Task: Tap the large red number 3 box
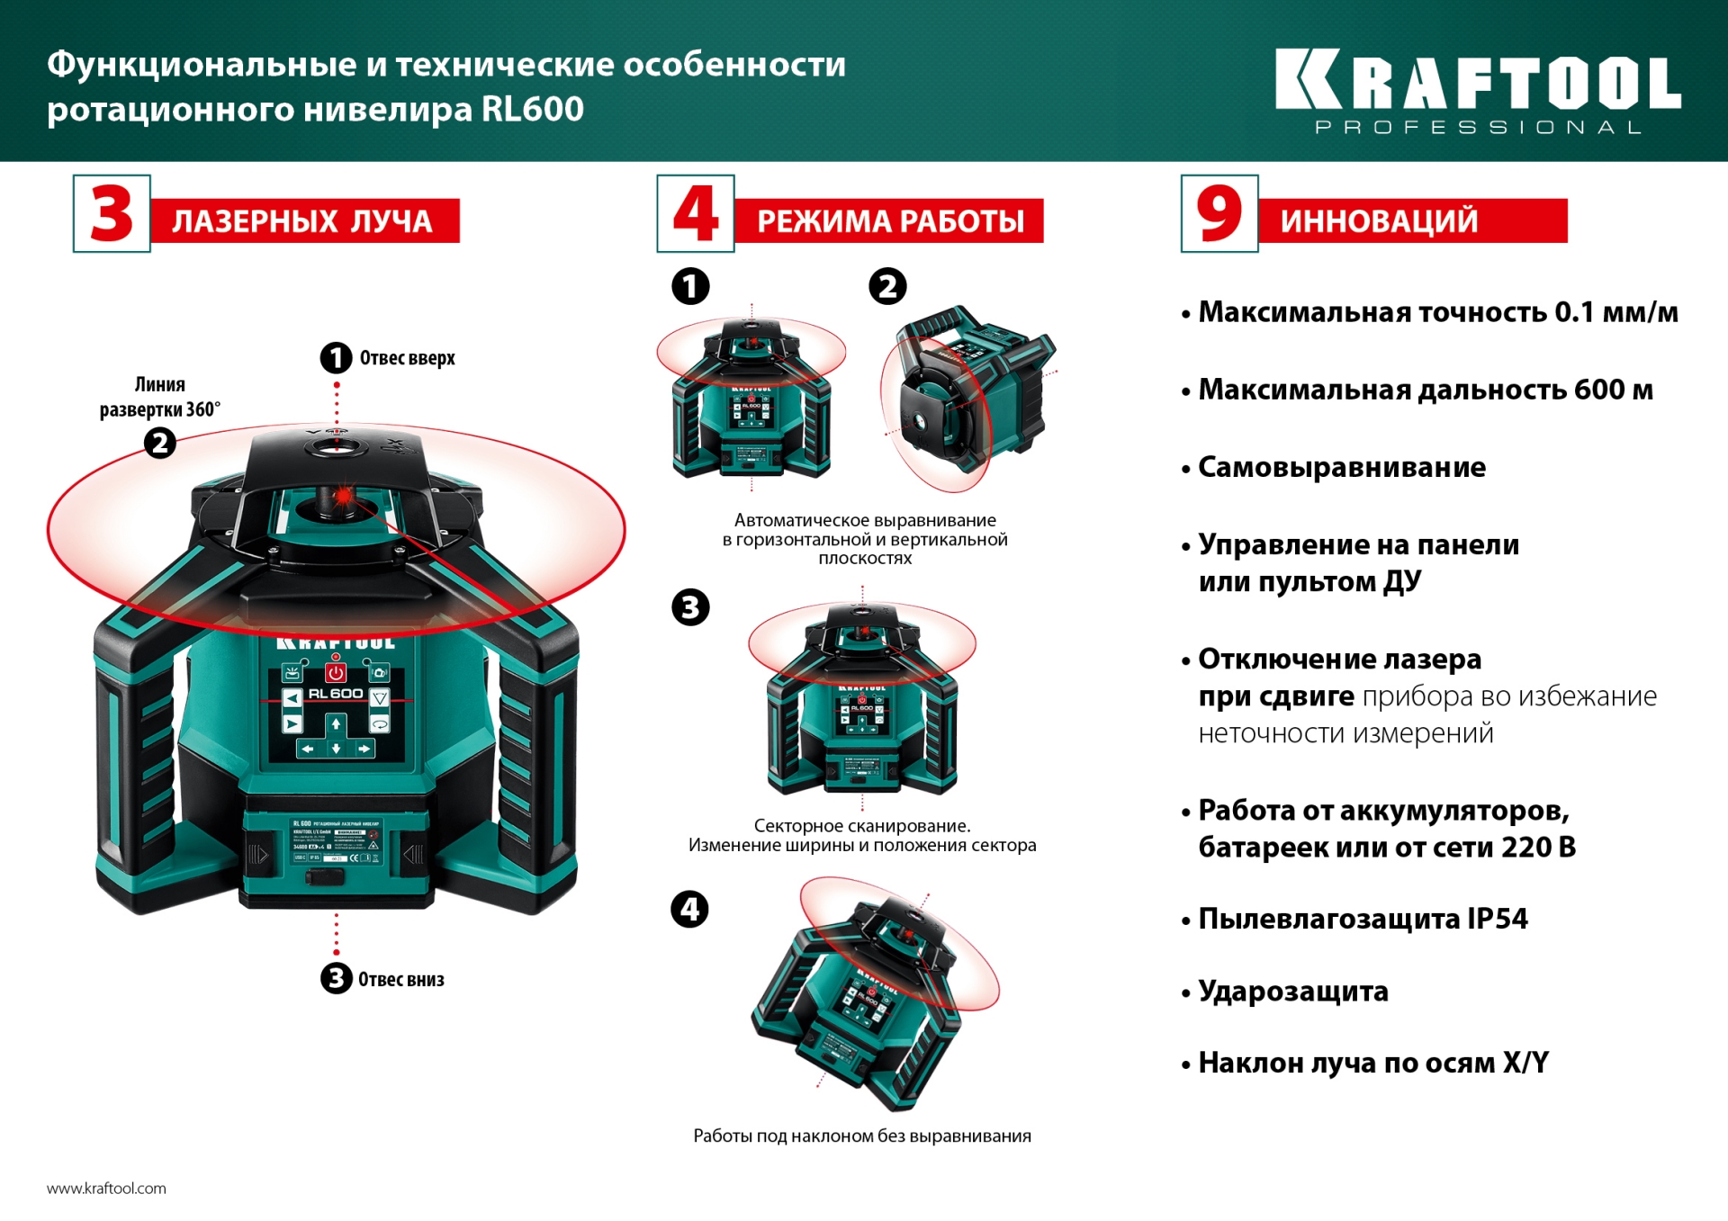click(x=112, y=214)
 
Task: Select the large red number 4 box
click(x=696, y=214)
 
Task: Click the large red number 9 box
click(x=1219, y=214)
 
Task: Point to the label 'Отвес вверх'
click(x=407, y=358)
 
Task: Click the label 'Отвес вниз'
click(x=400, y=979)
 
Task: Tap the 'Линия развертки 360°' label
click(x=160, y=397)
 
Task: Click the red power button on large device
click(x=336, y=673)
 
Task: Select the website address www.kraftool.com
click(x=106, y=1188)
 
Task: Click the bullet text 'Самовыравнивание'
click(x=1341, y=467)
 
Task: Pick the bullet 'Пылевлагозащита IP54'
click(x=1362, y=919)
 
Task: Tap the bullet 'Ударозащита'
click(x=1292, y=991)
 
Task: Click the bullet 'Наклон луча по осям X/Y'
click(x=1372, y=1063)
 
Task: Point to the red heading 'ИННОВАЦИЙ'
click(x=1379, y=221)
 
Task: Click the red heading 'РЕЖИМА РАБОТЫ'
click(x=890, y=221)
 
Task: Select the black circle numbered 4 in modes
click(x=690, y=909)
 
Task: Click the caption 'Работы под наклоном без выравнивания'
click(x=861, y=1136)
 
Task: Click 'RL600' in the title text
click(x=532, y=109)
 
